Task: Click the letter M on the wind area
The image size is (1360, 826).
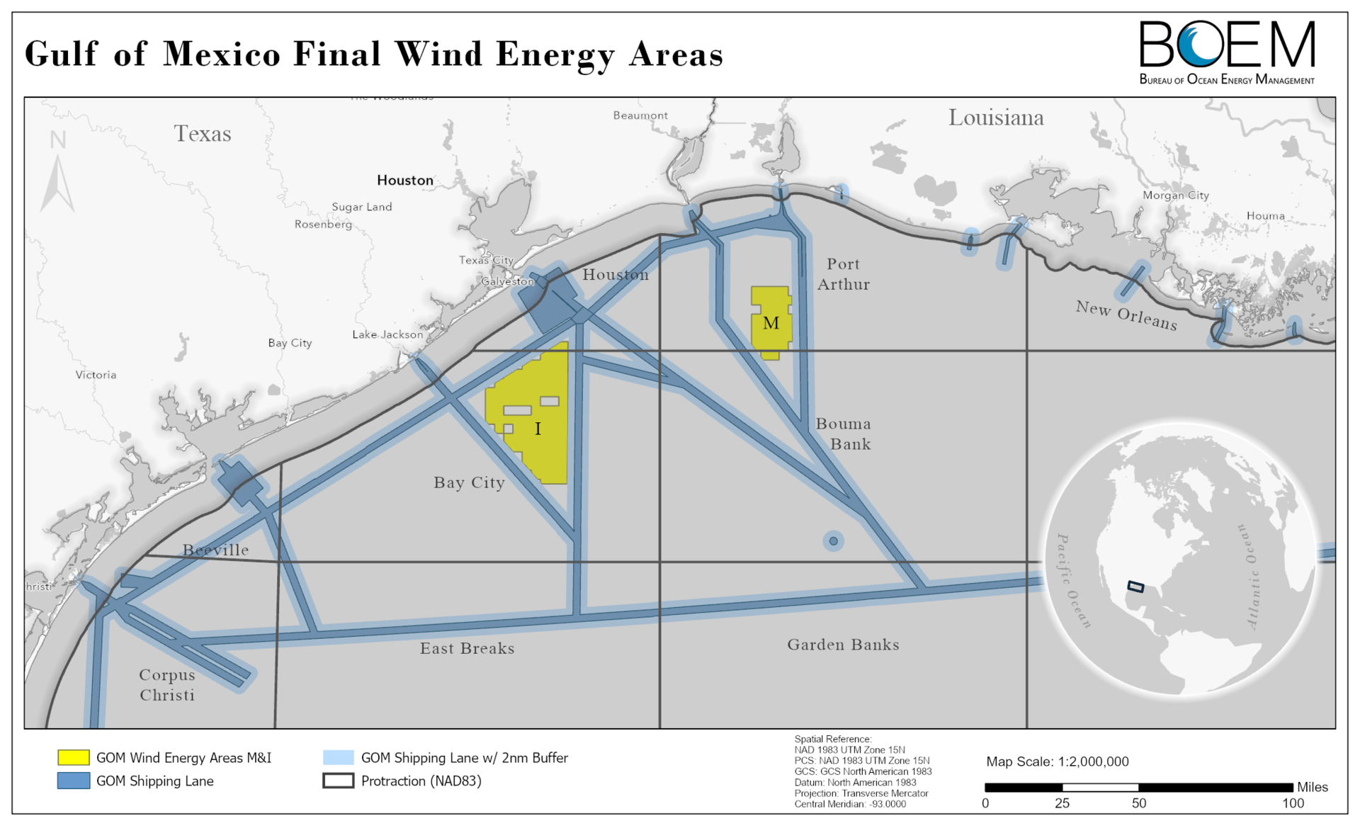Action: pos(771,323)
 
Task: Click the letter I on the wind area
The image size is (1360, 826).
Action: pos(538,429)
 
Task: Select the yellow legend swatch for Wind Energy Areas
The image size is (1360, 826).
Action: pos(74,757)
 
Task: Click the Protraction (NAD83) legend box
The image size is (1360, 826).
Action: pos(338,781)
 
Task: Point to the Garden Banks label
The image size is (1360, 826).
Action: pos(843,645)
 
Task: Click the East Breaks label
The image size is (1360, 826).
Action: pos(467,648)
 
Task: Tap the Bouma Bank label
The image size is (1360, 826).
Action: pos(844,434)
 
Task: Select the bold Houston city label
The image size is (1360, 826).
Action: pos(404,180)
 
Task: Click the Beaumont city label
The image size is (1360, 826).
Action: pos(640,115)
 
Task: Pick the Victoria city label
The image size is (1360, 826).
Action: pos(96,375)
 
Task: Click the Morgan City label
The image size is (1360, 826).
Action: pos(1175,195)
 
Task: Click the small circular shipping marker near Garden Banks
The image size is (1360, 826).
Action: pos(833,541)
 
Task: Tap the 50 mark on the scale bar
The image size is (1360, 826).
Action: pos(1138,803)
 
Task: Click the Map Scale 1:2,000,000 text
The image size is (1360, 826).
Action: pos(1057,762)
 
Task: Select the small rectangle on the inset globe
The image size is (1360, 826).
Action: pos(1135,587)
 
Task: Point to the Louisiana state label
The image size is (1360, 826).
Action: pos(995,118)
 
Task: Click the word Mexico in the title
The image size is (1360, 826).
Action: pos(222,54)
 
